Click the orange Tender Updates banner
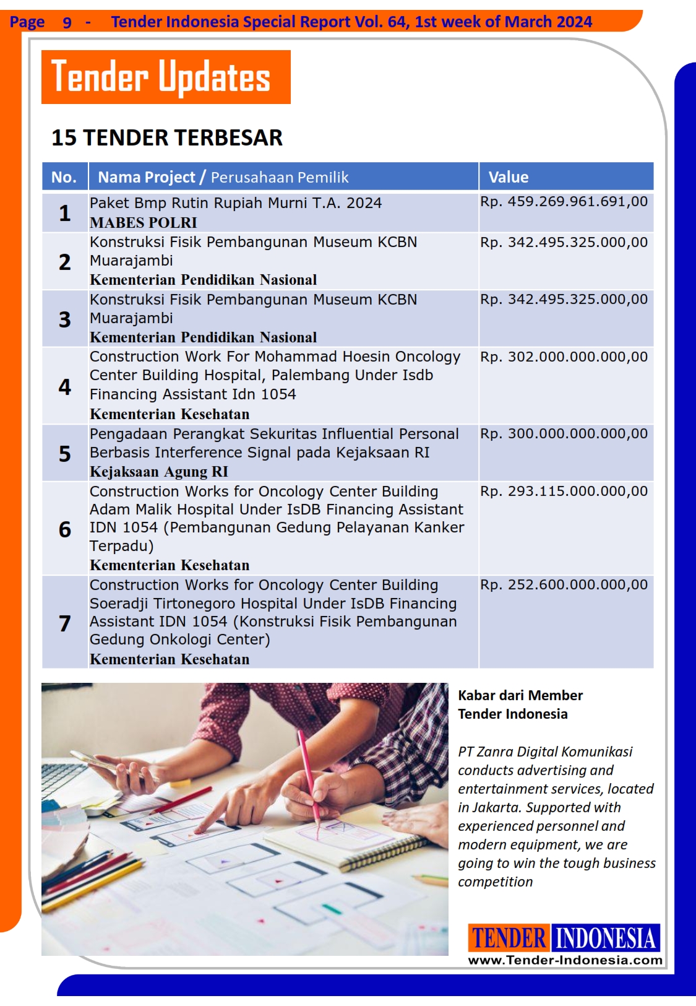click(166, 77)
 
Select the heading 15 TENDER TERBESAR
click(166, 137)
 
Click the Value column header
click(509, 177)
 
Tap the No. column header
click(64, 177)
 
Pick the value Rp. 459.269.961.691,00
click(564, 202)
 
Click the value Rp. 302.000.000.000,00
click(564, 357)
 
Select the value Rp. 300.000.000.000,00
click(564, 434)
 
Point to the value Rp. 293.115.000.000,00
click(564, 492)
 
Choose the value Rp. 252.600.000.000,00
click(564, 585)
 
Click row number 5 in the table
click(65, 454)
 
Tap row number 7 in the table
click(65, 623)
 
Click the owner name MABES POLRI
click(144, 223)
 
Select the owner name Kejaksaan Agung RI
click(159, 472)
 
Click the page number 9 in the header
click(67, 23)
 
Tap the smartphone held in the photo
click(99, 761)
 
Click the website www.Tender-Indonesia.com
click(565, 960)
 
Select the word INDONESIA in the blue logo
click(605, 938)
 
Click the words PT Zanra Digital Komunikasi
click(545, 752)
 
